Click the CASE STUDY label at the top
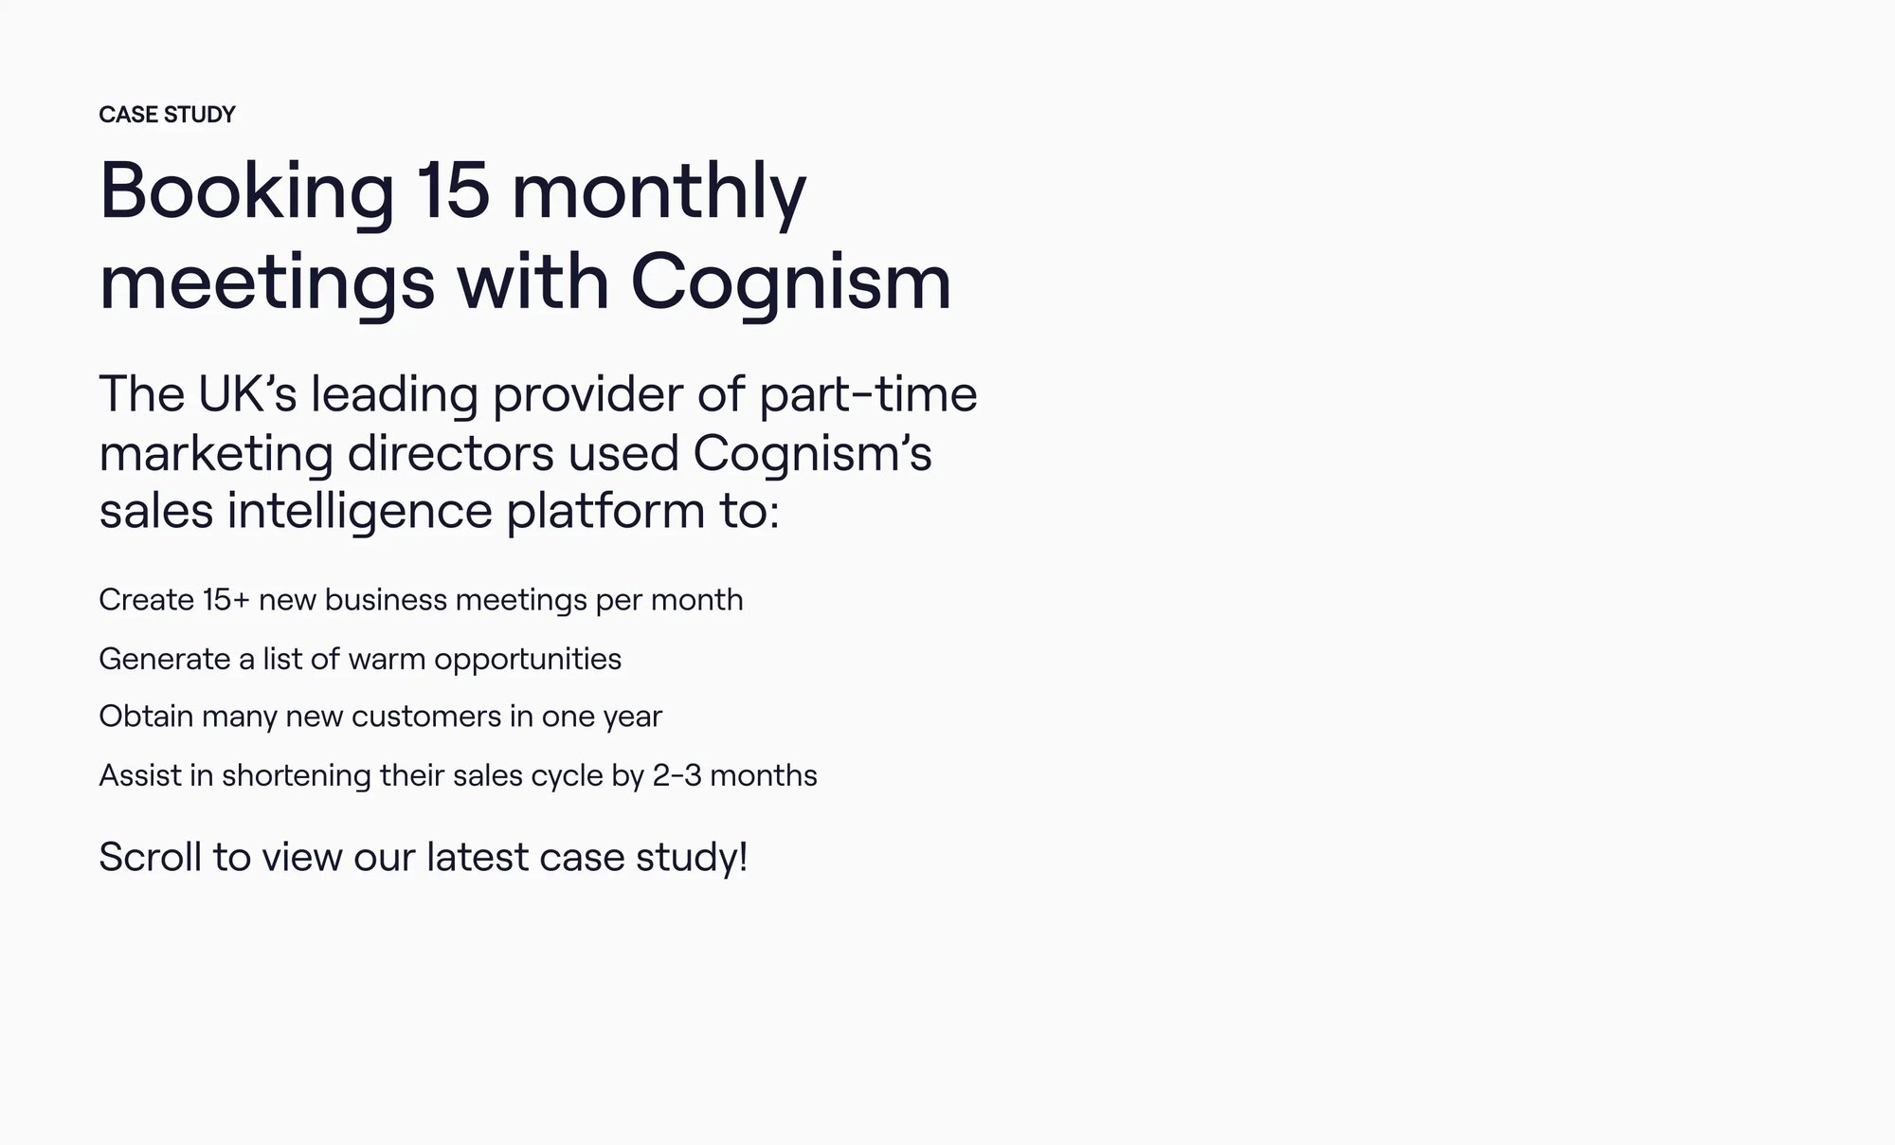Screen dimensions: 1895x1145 167,115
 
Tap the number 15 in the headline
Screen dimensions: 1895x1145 453,191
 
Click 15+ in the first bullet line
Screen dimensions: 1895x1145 226,600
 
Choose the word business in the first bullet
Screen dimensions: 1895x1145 385,600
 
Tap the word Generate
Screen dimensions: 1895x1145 164,659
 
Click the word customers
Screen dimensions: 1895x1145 425,717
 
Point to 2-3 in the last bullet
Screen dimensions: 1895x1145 677,776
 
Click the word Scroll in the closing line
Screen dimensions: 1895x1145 151,857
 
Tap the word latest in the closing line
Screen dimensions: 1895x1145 478,857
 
